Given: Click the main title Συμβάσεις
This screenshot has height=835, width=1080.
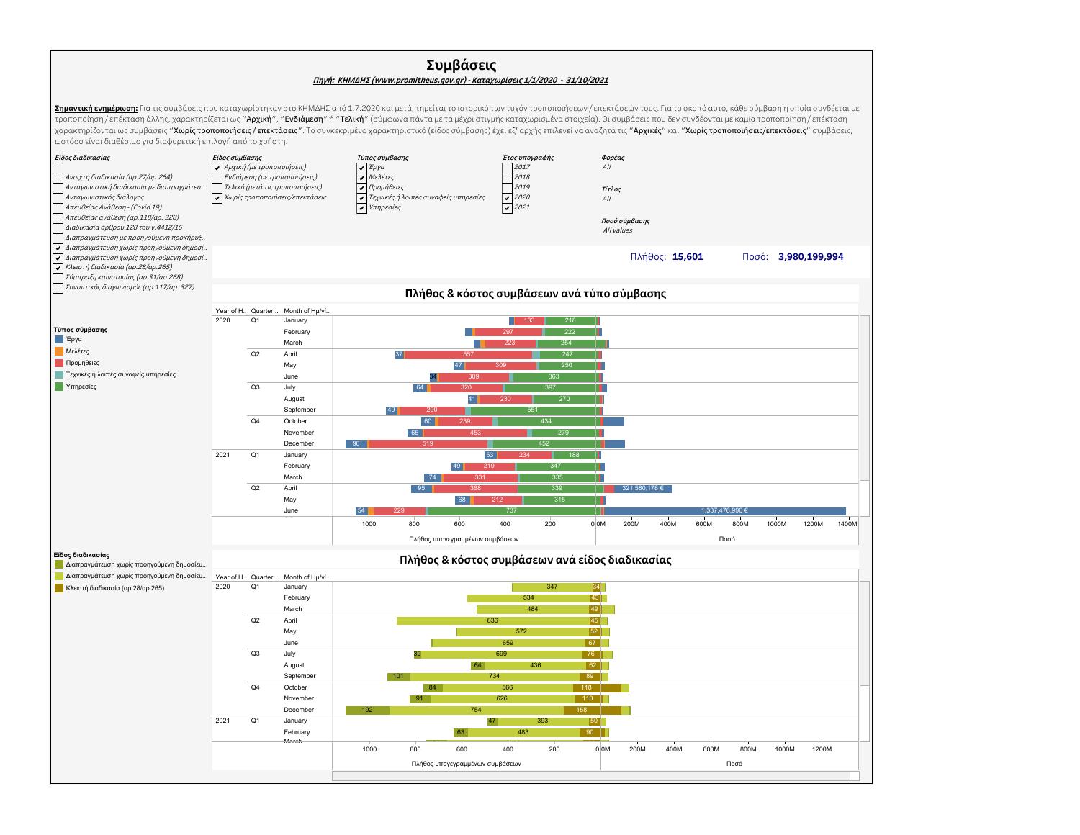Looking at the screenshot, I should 461,66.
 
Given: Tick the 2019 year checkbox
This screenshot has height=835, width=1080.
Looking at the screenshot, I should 507,187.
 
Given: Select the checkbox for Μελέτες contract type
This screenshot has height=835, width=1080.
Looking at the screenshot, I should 361,177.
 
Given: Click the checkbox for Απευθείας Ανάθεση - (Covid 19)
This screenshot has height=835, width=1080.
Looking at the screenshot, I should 58,207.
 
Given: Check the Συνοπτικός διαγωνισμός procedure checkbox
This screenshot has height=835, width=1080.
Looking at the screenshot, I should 58,288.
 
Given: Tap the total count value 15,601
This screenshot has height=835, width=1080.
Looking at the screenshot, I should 687,257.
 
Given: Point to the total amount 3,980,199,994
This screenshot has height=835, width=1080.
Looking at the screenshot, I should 810,257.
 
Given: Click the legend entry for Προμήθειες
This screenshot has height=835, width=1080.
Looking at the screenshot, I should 82,363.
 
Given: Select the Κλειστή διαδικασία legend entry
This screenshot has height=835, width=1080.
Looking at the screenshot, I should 114,588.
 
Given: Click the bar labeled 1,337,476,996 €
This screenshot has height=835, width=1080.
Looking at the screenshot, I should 724,511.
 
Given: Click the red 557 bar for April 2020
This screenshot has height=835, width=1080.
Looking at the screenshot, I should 468,355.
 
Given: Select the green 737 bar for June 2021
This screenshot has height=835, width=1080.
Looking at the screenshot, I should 512,511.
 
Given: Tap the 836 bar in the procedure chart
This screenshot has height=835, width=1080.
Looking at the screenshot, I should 492,620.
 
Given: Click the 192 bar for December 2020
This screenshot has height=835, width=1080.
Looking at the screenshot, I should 367,710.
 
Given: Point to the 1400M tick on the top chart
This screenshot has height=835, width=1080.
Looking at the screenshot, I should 848,524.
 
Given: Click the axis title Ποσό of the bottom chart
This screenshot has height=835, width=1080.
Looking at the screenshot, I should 734,763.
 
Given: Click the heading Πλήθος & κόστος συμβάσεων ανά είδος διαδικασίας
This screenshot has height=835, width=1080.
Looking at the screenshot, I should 535,560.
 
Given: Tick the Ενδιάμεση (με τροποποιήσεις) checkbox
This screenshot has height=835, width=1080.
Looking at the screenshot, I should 217,177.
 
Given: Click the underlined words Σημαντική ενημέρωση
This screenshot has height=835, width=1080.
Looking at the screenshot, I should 96,109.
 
